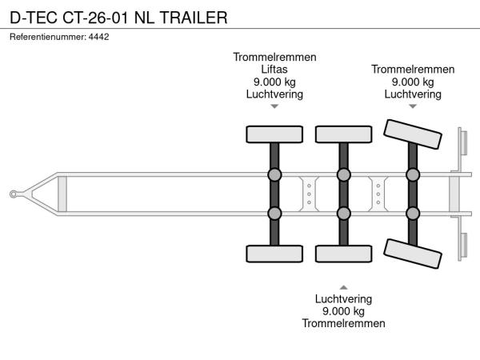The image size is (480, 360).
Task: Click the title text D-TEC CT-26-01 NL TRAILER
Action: click(x=118, y=18)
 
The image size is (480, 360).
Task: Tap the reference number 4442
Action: click(x=98, y=37)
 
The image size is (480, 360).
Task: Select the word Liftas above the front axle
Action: click(x=274, y=70)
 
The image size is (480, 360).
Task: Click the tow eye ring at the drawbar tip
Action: click(x=13, y=194)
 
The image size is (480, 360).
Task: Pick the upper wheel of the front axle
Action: click(x=274, y=134)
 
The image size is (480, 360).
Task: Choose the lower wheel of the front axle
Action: click(x=274, y=254)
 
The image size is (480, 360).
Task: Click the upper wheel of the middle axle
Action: click(x=344, y=134)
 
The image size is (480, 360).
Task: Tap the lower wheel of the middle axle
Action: click(x=344, y=254)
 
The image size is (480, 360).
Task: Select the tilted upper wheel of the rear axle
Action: click(x=413, y=134)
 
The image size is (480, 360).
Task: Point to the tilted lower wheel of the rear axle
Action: click(x=413, y=254)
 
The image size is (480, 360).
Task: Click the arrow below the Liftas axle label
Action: click(x=274, y=106)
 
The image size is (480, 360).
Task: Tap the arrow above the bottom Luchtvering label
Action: click(x=343, y=287)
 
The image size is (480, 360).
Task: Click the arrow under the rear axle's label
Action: click(x=413, y=106)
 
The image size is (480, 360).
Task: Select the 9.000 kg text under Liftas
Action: click(x=274, y=82)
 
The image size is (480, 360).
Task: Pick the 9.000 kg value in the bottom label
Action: click(x=343, y=311)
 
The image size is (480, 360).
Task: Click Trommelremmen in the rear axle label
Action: click(x=413, y=70)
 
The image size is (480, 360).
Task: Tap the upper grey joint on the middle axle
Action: click(x=344, y=174)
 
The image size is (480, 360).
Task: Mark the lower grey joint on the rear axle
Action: click(x=413, y=214)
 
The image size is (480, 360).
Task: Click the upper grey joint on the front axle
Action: click(x=274, y=174)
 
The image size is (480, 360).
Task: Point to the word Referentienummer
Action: click(x=48, y=37)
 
